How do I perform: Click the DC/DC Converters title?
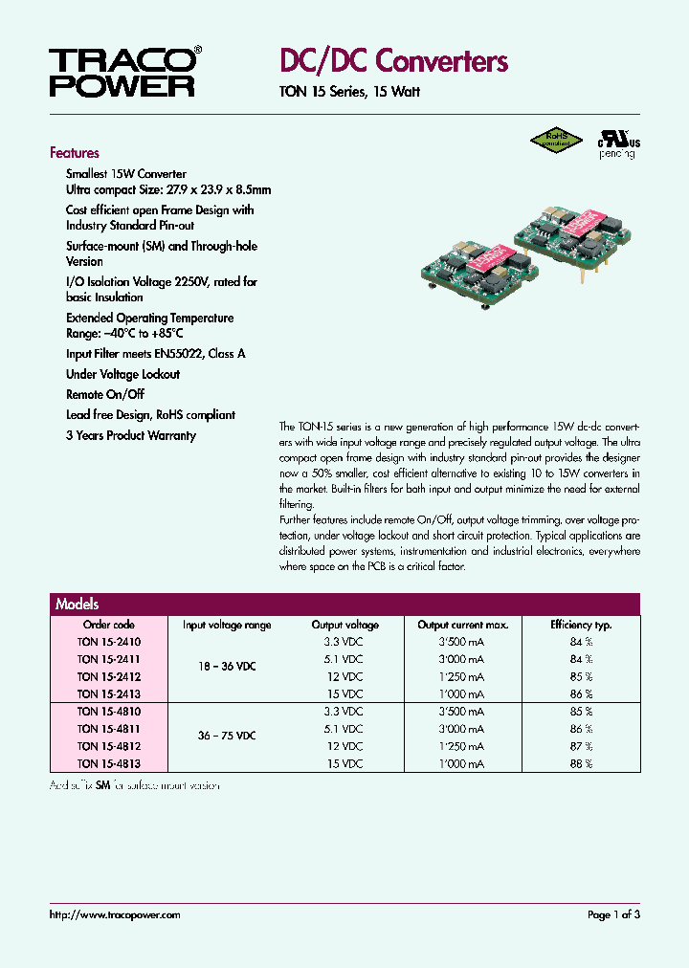[x=393, y=61]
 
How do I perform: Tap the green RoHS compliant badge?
[x=556, y=140]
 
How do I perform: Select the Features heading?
[x=75, y=153]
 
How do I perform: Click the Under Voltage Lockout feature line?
[x=122, y=374]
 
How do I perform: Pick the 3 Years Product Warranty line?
[x=131, y=435]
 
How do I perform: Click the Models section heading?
[x=78, y=605]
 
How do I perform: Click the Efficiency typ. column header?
[x=581, y=625]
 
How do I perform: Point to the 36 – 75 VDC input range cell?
[x=227, y=737]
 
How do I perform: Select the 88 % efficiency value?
[x=581, y=763]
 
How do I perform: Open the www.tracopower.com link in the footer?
[x=115, y=915]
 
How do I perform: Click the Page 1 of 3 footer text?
[x=613, y=915]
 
